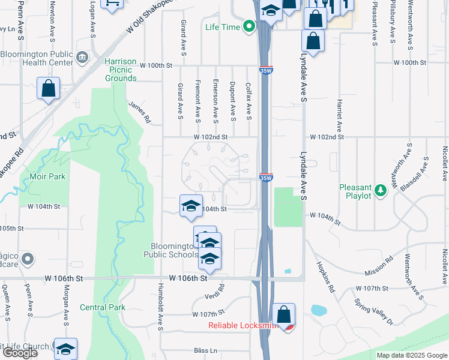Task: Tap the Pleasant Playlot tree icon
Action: tap(380, 191)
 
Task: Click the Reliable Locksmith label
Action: tap(243, 326)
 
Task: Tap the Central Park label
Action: tap(103, 307)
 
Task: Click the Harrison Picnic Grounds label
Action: tap(121, 70)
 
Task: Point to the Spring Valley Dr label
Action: tap(373, 312)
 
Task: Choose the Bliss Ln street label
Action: tap(204, 350)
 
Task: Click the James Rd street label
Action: tap(139, 112)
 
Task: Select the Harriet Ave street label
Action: tap(339, 115)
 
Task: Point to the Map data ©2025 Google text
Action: tap(412, 355)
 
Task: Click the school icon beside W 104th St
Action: tap(191, 205)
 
